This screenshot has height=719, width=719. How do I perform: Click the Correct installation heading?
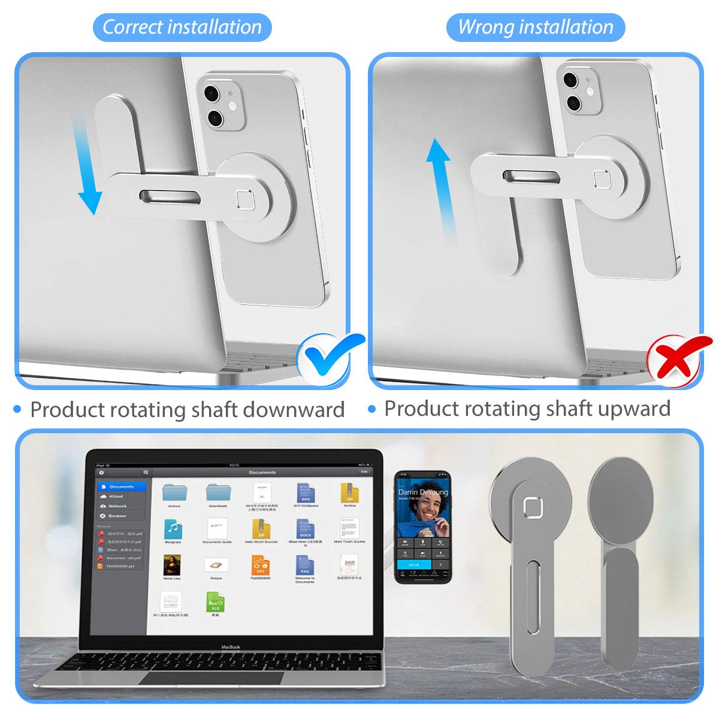pos(182,28)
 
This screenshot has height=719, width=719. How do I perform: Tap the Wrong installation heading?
pos(536,28)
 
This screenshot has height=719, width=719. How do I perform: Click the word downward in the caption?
pos(294,410)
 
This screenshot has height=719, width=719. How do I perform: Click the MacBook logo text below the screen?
pos(231,647)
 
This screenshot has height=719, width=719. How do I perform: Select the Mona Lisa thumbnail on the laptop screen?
pos(172,565)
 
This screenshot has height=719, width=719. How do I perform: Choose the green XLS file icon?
pos(215,602)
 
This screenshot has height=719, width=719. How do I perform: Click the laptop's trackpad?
pos(212,678)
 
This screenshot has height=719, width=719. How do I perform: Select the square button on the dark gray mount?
pos(533,507)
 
